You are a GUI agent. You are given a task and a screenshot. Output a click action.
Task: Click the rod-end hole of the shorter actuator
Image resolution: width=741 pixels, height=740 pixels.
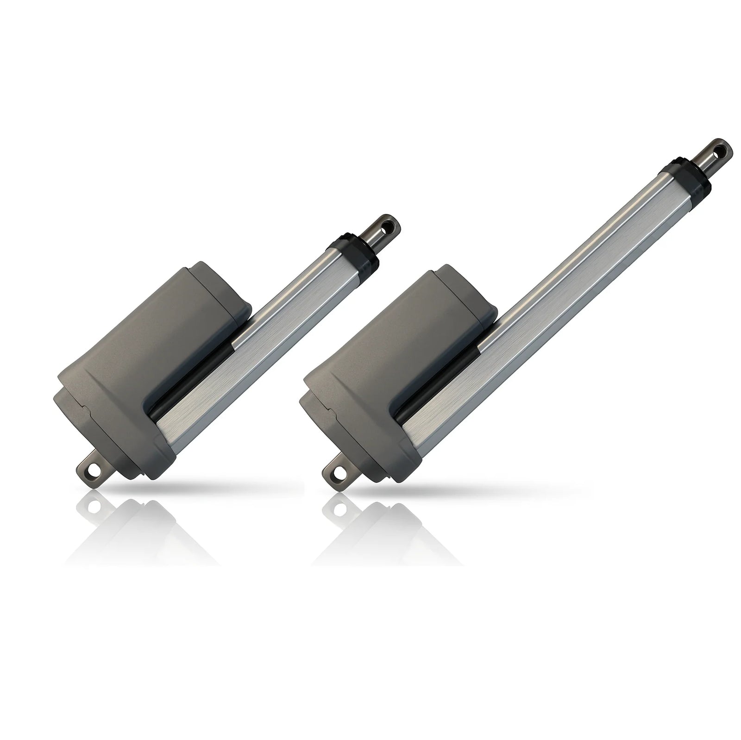pyautogui.click(x=393, y=226)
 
